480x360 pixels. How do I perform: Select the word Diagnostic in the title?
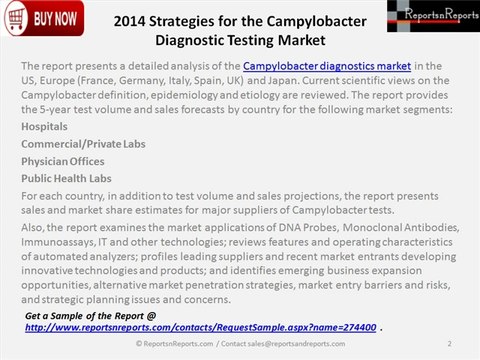(197, 41)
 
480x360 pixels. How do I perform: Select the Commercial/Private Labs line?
(83, 145)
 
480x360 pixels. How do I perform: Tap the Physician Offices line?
(68, 162)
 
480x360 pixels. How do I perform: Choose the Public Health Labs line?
(67, 178)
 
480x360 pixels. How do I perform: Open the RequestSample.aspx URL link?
(201, 327)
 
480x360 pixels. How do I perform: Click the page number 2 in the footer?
(451, 344)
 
